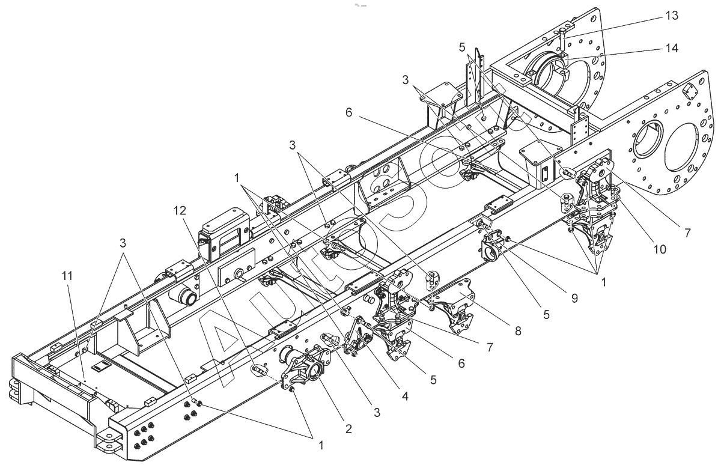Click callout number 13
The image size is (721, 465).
coord(672,16)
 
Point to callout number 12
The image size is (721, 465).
coord(180,211)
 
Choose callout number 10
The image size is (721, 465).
coord(660,249)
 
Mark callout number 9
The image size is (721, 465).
coord(574,298)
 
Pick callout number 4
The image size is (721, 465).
coord(405,397)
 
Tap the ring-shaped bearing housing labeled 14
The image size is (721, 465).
coord(548,72)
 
